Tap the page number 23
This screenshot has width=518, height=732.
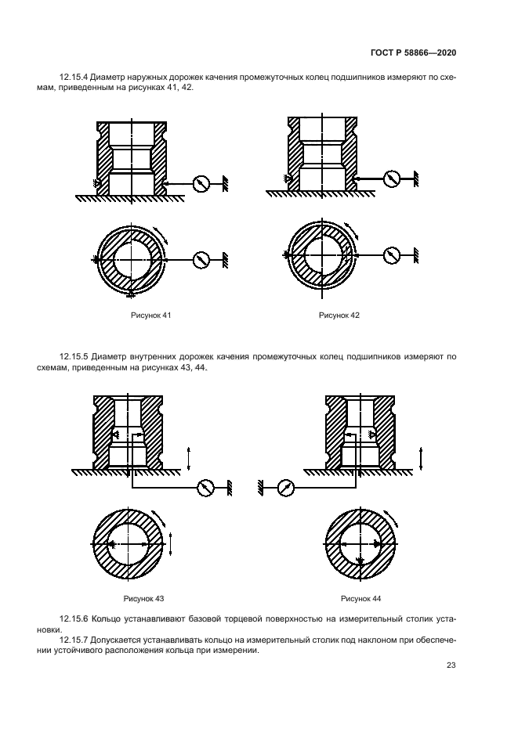451,665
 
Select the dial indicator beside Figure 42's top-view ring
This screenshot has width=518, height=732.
391,254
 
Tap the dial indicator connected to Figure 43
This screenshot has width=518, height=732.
206,487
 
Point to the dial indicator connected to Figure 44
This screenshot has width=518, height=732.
285,487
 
